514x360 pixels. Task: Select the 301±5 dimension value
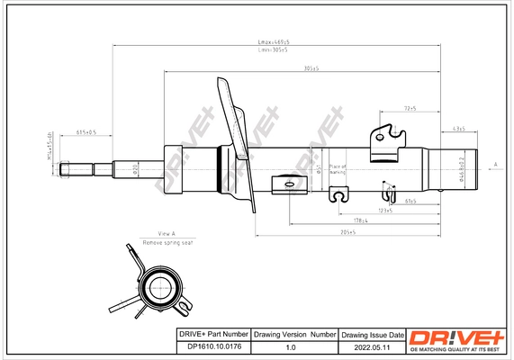coord(312,68)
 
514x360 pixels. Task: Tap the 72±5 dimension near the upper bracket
coord(410,109)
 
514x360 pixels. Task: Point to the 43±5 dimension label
coord(458,129)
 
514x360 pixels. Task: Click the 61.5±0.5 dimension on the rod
coord(86,132)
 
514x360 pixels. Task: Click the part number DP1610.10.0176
coord(210,346)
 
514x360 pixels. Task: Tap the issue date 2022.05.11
coord(373,346)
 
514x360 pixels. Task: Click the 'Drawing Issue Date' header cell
coord(373,334)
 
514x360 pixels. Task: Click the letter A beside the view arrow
coord(495,165)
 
